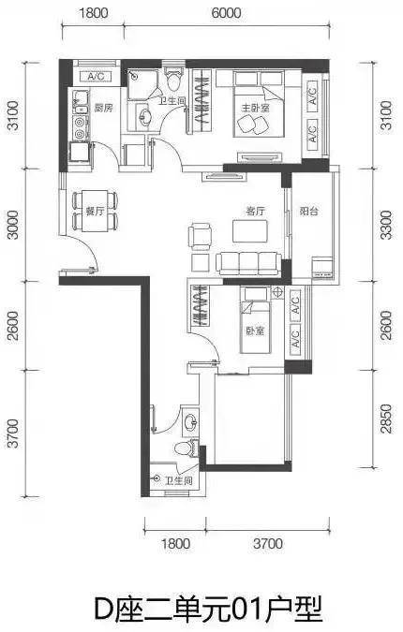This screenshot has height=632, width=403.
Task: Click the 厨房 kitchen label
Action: coord(103,108)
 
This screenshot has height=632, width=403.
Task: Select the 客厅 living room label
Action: coord(255,211)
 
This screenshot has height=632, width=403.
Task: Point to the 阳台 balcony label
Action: coord(309,211)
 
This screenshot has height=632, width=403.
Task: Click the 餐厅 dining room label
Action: coord(96,211)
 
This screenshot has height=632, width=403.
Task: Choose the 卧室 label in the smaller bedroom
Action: coord(255,331)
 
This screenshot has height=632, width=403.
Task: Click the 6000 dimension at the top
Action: coord(226,13)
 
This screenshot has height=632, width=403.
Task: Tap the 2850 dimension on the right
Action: coord(386,419)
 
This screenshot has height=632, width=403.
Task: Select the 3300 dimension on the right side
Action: coord(386,225)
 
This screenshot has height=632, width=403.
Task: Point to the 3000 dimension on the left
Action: coord(13,225)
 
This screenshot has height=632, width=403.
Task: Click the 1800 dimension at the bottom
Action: coord(176,543)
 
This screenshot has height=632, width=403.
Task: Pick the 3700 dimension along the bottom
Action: coord(268,543)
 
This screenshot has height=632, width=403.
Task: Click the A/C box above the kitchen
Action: coord(96,76)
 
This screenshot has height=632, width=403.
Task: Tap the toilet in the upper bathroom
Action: coord(174,78)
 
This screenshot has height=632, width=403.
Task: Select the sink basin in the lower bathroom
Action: coord(189,422)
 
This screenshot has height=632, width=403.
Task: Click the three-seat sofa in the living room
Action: coord(248,264)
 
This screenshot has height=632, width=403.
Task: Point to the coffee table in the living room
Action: coord(249,230)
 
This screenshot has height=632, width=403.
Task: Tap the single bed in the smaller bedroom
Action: coord(255,319)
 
